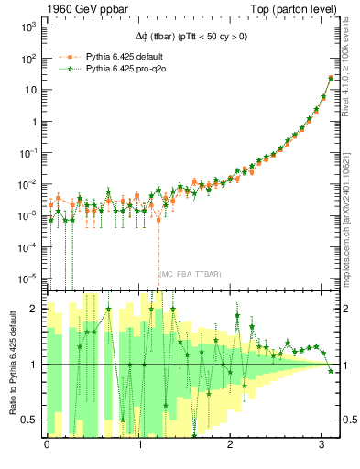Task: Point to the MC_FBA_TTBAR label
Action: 190,274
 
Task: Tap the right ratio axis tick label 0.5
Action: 344,420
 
